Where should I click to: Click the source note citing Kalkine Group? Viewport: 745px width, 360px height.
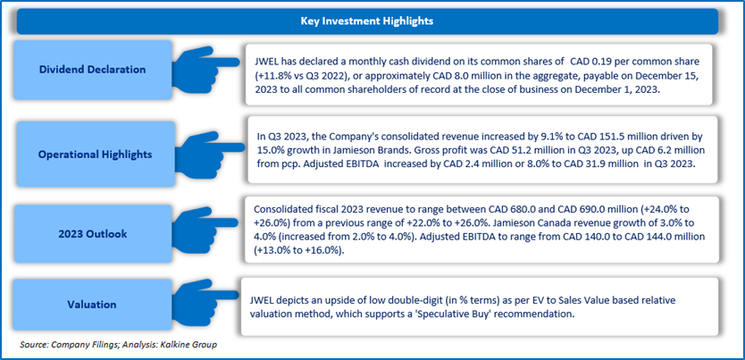pos(119,344)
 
